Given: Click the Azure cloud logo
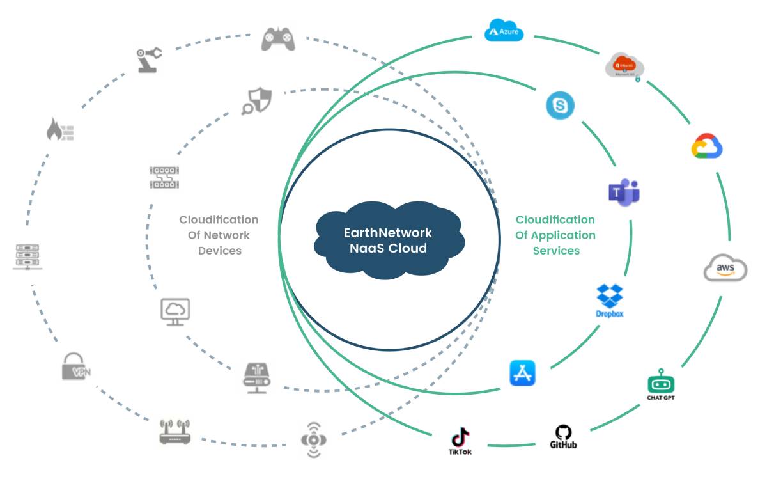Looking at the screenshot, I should (504, 30).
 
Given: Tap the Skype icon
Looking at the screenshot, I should (560, 106).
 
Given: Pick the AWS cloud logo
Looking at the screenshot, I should (725, 268).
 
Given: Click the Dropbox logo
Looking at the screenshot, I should (610, 299).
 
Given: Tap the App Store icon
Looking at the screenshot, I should (522, 373).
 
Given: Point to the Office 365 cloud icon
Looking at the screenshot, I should (624, 66).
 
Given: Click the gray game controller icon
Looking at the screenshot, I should (278, 39).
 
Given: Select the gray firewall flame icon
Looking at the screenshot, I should (60, 130).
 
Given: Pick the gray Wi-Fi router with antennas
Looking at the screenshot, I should (175, 432).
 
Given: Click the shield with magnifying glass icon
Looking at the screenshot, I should (257, 101).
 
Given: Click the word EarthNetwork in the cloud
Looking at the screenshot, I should (388, 233).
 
